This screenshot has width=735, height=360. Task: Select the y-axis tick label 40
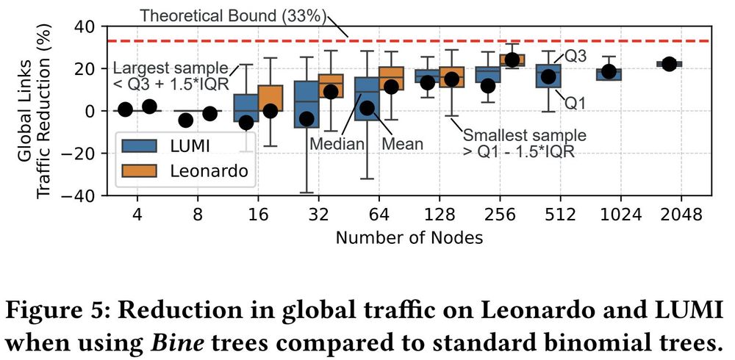pyautogui.click(x=86, y=26)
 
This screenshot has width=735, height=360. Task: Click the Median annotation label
pyautogui.click(x=337, y=143)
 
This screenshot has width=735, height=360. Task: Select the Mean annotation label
pyautogui.click(x=403, y=143)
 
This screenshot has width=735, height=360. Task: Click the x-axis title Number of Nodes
pyautogui.click(x=410, y=238)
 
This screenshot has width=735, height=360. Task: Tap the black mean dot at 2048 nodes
pyautogui.click(x=669, y=64)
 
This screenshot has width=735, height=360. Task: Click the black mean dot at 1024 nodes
pyautogui.click(x=609, y=72)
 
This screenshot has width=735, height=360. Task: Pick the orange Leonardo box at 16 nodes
pyautogui.click(x=270, y=98)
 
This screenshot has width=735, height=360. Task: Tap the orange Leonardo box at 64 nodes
pyautogui.click(x=391, y=79)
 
